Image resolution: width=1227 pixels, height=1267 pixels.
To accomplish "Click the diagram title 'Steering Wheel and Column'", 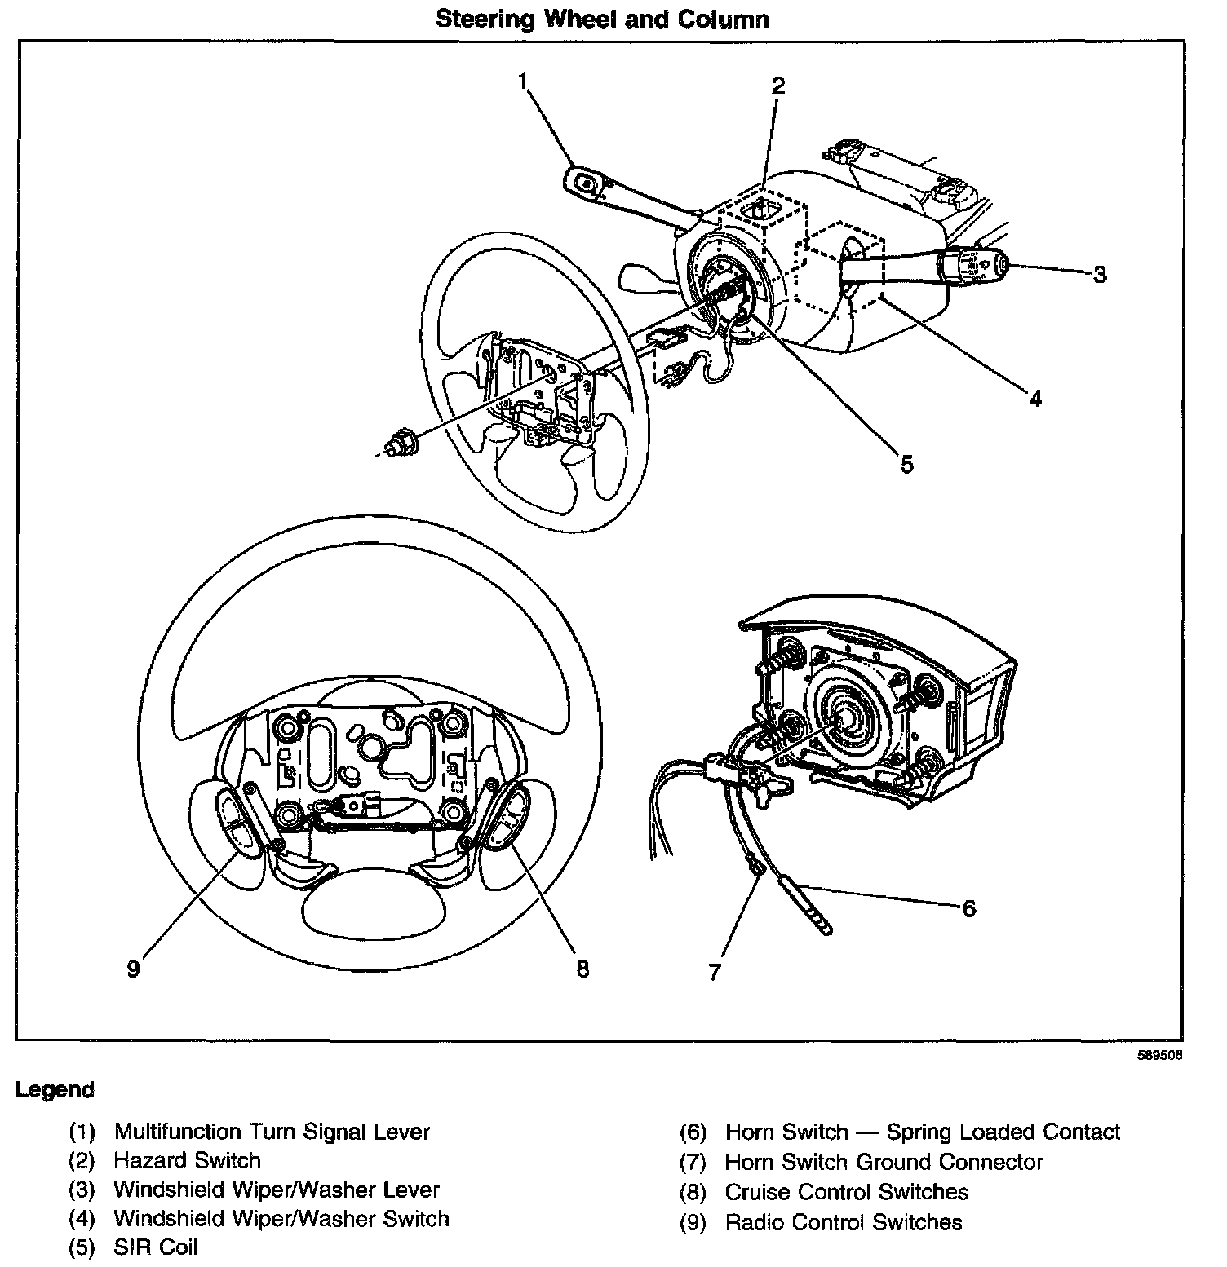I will [x=602, y=19].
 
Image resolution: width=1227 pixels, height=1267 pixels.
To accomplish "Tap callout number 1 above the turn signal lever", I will [x=523, y=80].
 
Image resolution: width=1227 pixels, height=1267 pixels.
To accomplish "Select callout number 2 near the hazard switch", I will [x=778, y=85].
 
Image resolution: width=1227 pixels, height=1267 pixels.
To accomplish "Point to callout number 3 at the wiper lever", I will [x=1100, y=275].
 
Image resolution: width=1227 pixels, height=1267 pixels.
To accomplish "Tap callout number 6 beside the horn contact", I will [x=968, y=907].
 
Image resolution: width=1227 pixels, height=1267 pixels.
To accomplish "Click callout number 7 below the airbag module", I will [x=715, y=971].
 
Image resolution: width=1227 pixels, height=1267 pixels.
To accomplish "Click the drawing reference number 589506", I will [x=1160, y=1054].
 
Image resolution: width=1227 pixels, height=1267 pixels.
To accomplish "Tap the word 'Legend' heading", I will [x=55, y=1089].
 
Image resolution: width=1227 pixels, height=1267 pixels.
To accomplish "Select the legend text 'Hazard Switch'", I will [x=187, y=1160].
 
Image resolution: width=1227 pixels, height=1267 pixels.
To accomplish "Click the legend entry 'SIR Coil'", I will [x=156, y=1247].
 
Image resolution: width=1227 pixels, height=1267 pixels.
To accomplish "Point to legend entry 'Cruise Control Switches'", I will [x=846, y=1192].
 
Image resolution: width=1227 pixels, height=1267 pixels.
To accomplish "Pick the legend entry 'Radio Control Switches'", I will [x=843, y=1222].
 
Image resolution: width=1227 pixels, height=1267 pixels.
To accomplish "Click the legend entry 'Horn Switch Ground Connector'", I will [x=884, y=1162].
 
